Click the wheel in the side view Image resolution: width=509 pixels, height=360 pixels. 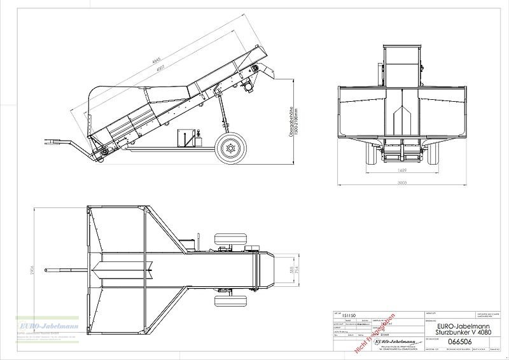tap(229, 149)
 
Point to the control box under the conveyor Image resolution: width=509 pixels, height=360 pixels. tap(186, 137)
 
